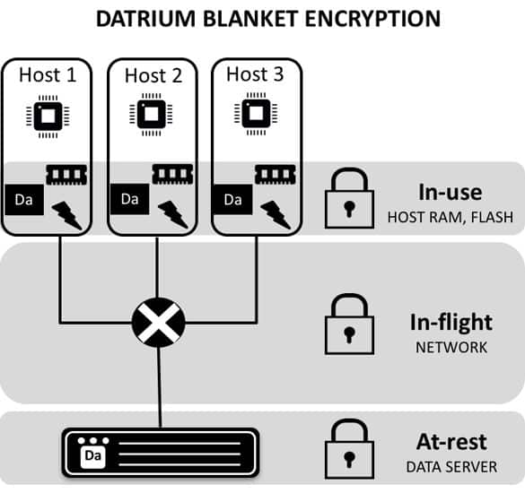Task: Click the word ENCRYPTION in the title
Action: click(x=372, y=19)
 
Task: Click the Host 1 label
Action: click(x=48, y=74)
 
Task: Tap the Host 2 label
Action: click(x=153, y=75)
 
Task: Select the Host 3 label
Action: click(x=255, y=74)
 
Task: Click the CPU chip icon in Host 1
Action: click(x=48, y=117)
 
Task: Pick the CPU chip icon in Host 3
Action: click(x=256, y=114)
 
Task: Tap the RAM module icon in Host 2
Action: click(x=173, y=174)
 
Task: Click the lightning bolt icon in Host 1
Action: click(x=67, y=215)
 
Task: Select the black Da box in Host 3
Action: click(x=233, y=199)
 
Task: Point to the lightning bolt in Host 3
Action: click(x=276, y=214)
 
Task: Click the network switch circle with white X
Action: click(x=158, y=323)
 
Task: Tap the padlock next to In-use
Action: click(x=350, y=198)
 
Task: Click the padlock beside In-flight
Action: click(x=350, y=324)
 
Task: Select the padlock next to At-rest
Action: click(x=350, y=449)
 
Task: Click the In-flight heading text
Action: click(x=451, y=323)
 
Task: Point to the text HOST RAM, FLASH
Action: click(x=451, y=218)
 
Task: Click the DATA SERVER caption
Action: click(x=451, y=467)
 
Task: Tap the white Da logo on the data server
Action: click(x=93, y=455)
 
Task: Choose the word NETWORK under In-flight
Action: click(x=451, y=348)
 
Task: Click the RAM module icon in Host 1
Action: click(x=66, y=175)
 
